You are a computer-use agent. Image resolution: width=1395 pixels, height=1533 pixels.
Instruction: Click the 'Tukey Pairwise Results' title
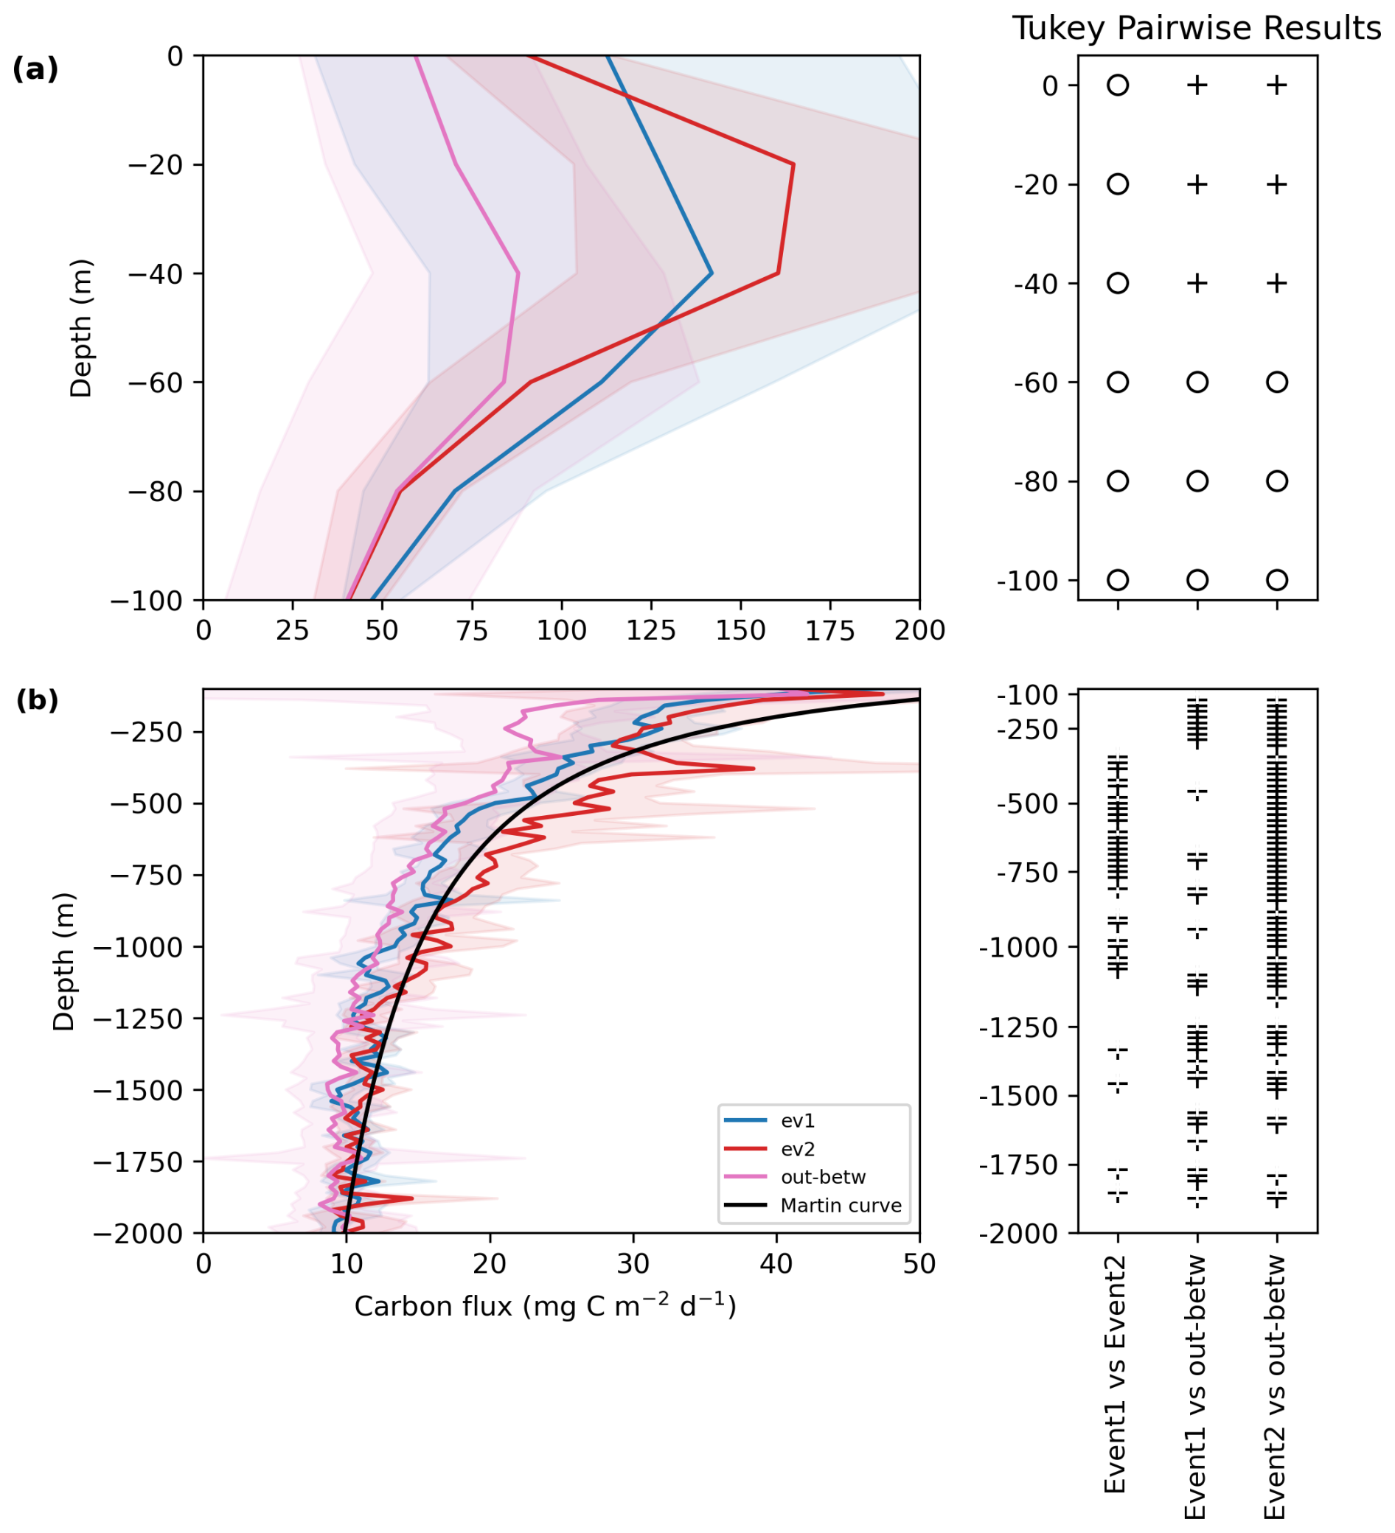click(1196, 29)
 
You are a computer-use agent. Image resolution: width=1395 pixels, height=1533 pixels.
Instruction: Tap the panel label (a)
click(35, 69)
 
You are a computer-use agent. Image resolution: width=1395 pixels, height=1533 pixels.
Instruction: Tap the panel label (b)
click(37, 699)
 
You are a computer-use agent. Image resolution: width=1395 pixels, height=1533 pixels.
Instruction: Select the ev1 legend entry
click(797, 1121)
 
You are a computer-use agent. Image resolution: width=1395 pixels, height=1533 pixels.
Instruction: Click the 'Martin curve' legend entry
click(841, 1205)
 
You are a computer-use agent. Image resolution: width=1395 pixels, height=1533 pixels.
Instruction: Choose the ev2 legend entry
click(797, 1149)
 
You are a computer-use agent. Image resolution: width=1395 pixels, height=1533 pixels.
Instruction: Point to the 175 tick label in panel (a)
click(830, 630)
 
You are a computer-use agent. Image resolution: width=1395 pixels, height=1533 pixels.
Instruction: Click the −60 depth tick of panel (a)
click(155, 383)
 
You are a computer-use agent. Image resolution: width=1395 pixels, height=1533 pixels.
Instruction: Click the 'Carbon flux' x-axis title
click(545, 1307)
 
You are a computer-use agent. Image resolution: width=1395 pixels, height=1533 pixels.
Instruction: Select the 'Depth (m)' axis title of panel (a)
click(80, 328)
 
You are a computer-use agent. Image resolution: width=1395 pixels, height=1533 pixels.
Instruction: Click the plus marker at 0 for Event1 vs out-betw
click(1197, 85)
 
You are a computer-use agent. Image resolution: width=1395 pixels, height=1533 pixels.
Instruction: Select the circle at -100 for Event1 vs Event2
click(1117, 580)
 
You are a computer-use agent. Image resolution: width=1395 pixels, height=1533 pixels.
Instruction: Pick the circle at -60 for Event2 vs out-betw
click(1277, 382)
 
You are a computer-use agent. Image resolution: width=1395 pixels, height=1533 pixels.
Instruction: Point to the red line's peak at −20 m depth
click(793, 164)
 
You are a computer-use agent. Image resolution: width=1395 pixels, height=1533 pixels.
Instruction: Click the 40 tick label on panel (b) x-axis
click(776, 1264)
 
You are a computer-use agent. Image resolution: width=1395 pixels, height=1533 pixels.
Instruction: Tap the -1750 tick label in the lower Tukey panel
click(1026, 1164)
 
